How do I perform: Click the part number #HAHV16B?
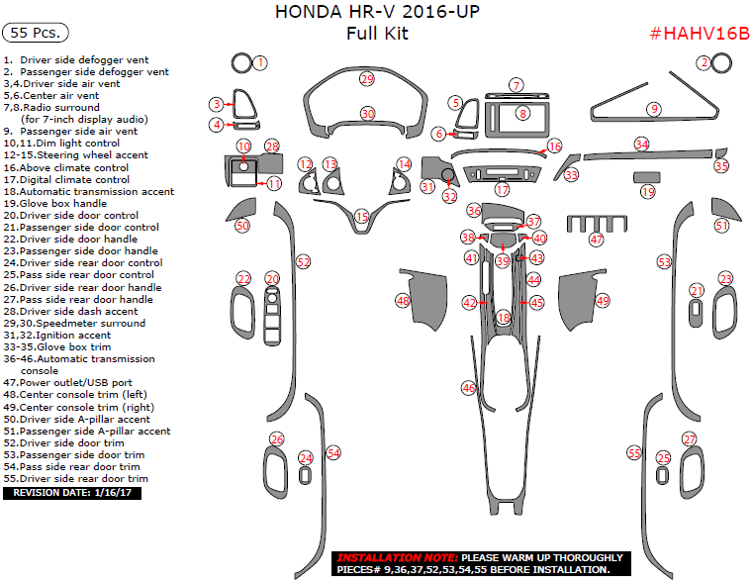tap(698, 34)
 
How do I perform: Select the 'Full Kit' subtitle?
tap(376, 34)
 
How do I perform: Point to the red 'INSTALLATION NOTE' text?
tap(397, 557)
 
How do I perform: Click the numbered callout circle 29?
tap(367, 78)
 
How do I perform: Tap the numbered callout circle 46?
tap(468, 388)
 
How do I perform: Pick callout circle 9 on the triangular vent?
tap(653, 109)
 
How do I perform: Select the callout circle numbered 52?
tap(304, 261)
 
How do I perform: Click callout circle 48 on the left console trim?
tap(403, 300)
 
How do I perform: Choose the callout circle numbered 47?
tap(596, 240)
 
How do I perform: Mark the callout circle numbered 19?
tap(648, 191)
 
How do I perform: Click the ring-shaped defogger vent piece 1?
tap(239, 63)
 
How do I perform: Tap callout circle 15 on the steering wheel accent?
tap(362, 216)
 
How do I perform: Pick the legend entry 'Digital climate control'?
tap(72, 179)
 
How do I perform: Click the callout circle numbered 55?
tap(634, 452)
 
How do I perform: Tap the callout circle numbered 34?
tap(642, 145)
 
